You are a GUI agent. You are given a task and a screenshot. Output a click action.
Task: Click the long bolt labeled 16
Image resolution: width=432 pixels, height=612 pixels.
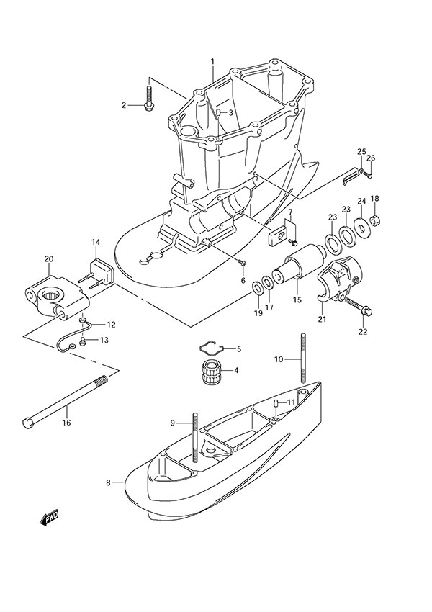coord(68,399)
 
